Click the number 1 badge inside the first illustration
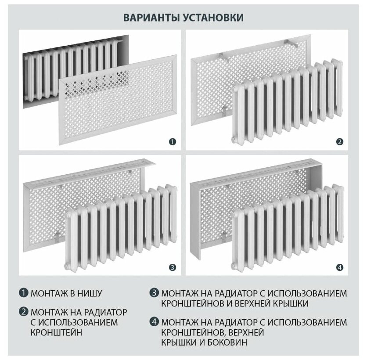pyautogui.click(x=173, y=142)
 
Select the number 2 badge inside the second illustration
pyautogui.click(x=340, y=142)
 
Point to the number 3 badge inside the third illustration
pyautogui.click(x=173, y=267)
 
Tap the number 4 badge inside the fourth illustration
pyautogui.click(x=340, y=267)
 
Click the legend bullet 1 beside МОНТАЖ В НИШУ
pyautogui.click(x=23, y=293)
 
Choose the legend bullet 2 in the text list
pyautogui.click(x=23, y=312)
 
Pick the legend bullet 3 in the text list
pyautogui.click(x=154, y=293)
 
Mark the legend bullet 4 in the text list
pyautogui.click(x=154, y=322)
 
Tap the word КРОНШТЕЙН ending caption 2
pyautogui.click(x=56, y=332)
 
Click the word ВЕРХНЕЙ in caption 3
pyautogui.click(x=252, y=303)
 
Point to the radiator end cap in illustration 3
pyautogui.click(x=67, y=266)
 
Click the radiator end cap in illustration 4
pyautogui.click(x=234, y=266)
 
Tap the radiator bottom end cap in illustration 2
pyautogui.click(x=234, y=140)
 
